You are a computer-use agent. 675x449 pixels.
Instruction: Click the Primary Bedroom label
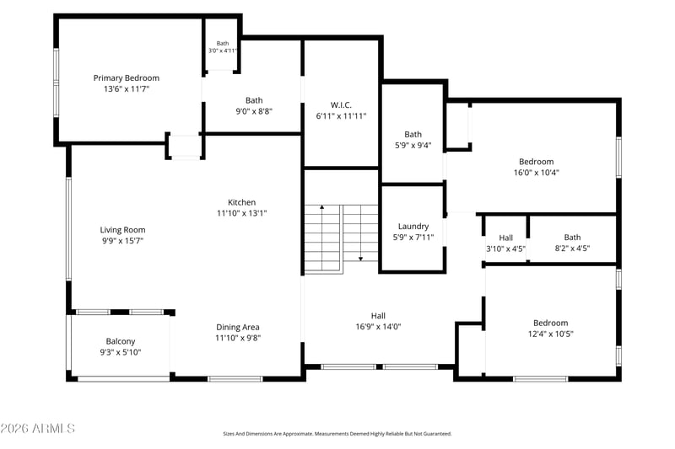tap(126, 78)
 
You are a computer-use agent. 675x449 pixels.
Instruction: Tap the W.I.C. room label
tap(341, 104)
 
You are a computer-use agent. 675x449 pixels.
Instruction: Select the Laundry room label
tap(413, 226)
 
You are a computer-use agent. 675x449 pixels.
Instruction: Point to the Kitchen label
tap(241, 202)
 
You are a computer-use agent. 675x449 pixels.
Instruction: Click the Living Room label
tap(122, 230)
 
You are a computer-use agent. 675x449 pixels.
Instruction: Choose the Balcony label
tap(121, 341)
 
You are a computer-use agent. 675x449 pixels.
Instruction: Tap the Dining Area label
tap(238, 327)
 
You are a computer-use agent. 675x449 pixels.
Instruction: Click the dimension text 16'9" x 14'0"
tap(378, 327)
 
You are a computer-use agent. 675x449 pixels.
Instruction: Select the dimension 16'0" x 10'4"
tap(537, 173)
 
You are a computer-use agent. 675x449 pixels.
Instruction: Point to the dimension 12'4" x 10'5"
tap(551, 334)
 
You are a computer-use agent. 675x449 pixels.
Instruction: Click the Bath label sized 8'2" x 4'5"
tap(572, 238)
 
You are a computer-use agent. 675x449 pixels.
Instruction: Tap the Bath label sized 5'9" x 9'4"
tap(413, 135)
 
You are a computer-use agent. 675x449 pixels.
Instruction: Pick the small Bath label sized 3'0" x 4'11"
tap(223, 44)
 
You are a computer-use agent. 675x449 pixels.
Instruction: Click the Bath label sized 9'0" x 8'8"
tap(254, 100)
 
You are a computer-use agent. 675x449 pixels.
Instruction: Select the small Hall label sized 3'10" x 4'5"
tap(505, 238)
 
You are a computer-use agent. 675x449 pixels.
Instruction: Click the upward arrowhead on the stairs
tap(321, 207)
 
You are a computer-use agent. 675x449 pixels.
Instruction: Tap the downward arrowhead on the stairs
tap(361, 259)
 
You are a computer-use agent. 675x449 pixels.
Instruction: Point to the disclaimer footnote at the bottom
tap(337, 434)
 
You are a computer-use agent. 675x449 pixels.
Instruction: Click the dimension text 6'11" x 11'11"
tap(341, 116)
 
